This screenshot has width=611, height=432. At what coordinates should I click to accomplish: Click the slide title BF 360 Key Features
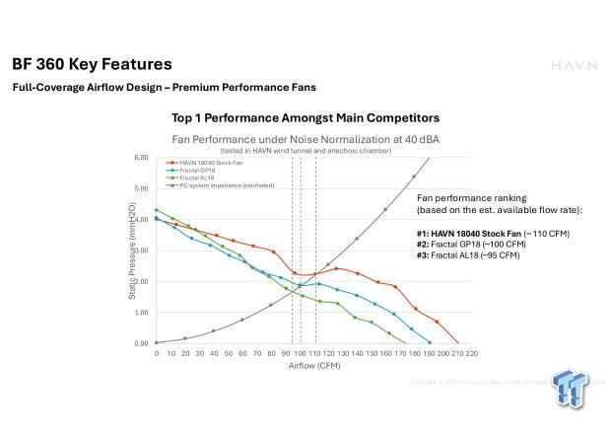click(92, 64)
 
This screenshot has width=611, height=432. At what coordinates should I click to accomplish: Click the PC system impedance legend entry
click(223, 184)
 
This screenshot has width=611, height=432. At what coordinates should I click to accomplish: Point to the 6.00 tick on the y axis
click(140, 158)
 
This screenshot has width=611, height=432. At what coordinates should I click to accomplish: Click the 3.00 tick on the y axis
click(140, 251)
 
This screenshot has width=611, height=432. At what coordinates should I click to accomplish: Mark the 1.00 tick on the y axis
click(140, 313)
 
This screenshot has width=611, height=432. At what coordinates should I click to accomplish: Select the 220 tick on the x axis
click(472, 353)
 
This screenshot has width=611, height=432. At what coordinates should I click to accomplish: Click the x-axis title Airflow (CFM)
click(313, 365)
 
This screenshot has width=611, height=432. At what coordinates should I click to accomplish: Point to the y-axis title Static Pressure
click(131, 251)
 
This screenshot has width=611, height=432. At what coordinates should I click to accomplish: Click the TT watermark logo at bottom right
click(573, 391)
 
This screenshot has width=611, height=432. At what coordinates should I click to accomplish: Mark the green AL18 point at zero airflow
click(156, 210)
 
